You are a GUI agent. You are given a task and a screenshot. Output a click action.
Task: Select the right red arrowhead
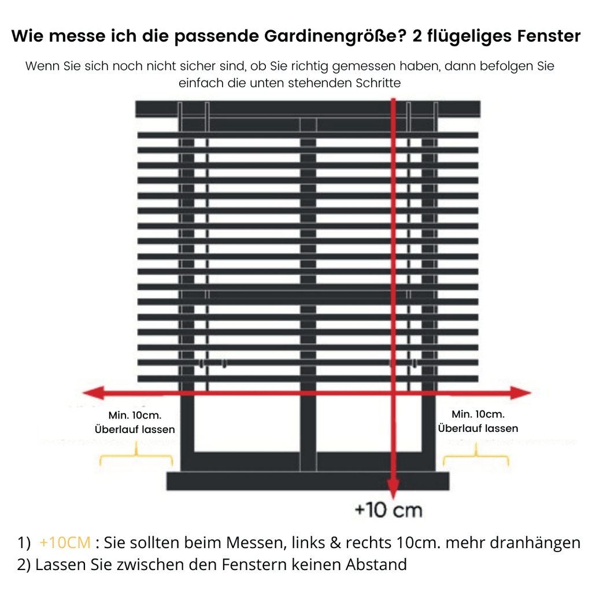coord(521,393)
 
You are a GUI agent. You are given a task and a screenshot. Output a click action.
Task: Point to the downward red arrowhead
coord(393,489)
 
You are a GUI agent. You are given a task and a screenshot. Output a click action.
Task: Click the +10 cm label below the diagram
coord(388,510)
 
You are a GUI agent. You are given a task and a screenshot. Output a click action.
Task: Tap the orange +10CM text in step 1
coord(65,542)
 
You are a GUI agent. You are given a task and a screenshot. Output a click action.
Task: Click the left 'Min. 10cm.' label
coord(135,415)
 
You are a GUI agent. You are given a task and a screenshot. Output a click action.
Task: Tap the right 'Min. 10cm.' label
coord(478,414)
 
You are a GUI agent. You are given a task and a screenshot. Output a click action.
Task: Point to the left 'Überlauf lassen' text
coord(135,430)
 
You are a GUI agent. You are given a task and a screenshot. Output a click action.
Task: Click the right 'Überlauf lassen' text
coord(478,428)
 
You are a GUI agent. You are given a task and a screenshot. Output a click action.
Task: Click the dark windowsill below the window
coord(308,481)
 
